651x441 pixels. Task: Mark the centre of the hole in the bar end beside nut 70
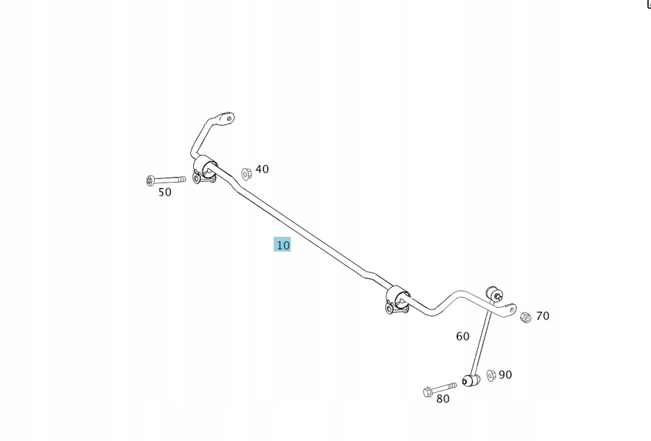pos(511,309)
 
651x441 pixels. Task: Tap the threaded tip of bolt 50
pos(183,179)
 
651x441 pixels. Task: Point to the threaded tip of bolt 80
pos(455,386)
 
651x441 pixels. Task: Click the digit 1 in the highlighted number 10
pos(279,246)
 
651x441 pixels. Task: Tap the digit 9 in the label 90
pos(502,375)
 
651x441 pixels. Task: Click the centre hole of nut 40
pos(246,175)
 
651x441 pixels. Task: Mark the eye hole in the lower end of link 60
pos(465,381)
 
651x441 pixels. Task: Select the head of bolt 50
pos(150,181)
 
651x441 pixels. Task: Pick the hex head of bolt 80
pos(428,391)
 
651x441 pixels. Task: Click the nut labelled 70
pos(525,317)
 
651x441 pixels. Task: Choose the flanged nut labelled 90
pos(491,375)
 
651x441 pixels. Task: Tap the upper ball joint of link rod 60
pos(493,292)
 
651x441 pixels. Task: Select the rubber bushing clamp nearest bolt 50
pos(204,169)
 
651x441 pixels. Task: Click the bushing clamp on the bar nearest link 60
pos(398,300)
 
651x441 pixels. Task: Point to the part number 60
pos(462,337)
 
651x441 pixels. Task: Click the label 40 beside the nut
pos(262,169)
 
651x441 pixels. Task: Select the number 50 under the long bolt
pos(165,192)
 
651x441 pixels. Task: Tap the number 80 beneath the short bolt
pos(443,399)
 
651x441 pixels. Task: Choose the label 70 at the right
pos(543,316)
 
